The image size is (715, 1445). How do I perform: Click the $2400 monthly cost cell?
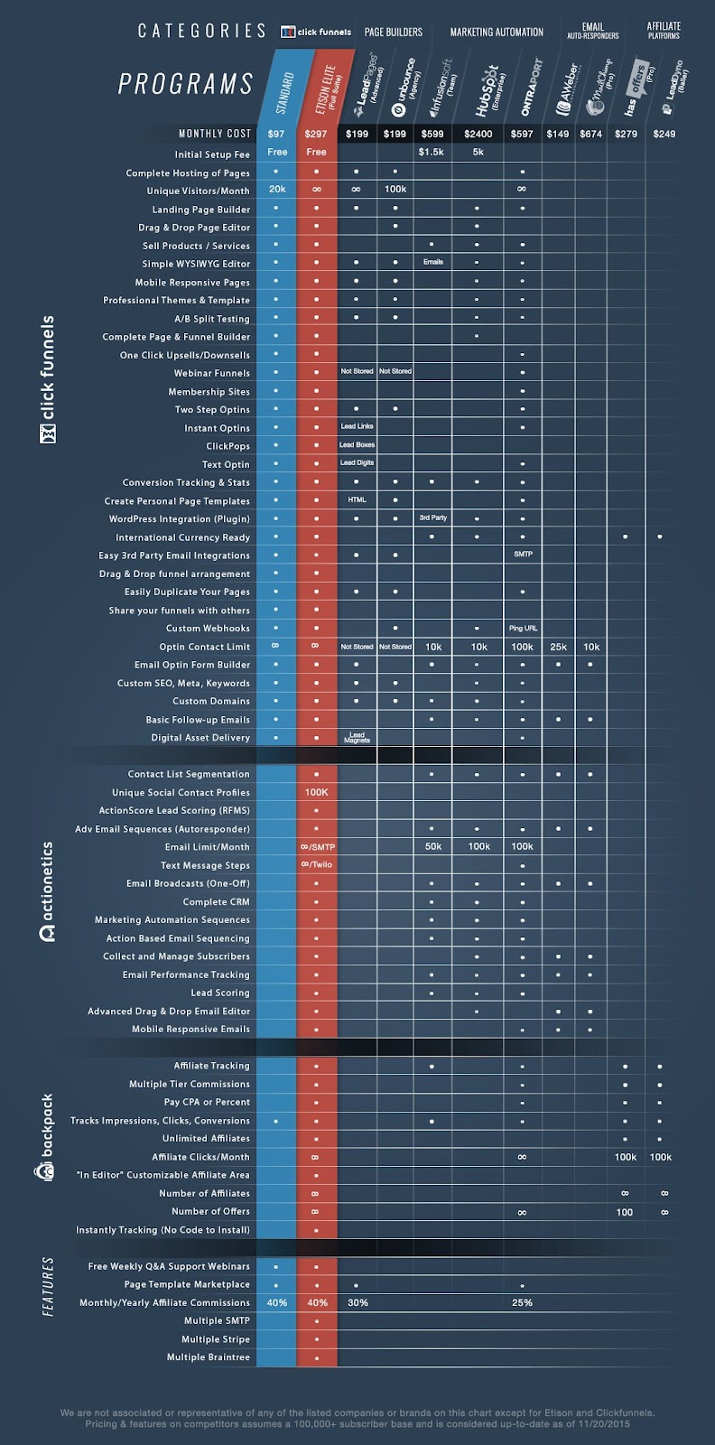(x=478, y=134)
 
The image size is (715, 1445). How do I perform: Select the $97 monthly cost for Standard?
(x=276, y=134)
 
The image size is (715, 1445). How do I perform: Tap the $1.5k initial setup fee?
(x=432, y=152)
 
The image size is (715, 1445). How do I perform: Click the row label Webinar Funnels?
(x=212, y=373)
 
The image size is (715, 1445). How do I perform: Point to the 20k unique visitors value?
(x=276, y=190)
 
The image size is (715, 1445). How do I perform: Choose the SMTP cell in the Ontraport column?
(x=523, y=554)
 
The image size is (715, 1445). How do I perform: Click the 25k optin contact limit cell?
(x=559, y=647)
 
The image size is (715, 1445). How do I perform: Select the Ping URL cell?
(x=523, y=628)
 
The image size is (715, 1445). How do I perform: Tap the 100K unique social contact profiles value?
(x=316, y=792)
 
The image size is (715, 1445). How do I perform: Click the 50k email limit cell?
(x=432, y=846)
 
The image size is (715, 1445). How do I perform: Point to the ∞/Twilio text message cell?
(x=316, y=864)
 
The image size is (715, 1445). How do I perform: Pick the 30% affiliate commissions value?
(x=357, y=1302)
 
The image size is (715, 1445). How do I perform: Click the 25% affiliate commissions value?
(x=522, y=1302)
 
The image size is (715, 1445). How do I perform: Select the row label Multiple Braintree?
(x=209, y=1356)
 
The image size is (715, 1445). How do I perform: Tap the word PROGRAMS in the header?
(x=186, y=84)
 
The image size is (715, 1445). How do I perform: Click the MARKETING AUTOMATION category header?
(x=497, y=32)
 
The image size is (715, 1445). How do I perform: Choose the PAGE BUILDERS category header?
(x=394, y=32)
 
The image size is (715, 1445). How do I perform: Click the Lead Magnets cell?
(x=357, y=738)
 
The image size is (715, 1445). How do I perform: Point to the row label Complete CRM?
(x=217, y=901)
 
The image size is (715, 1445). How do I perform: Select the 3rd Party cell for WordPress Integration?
(x=432, y=517)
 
